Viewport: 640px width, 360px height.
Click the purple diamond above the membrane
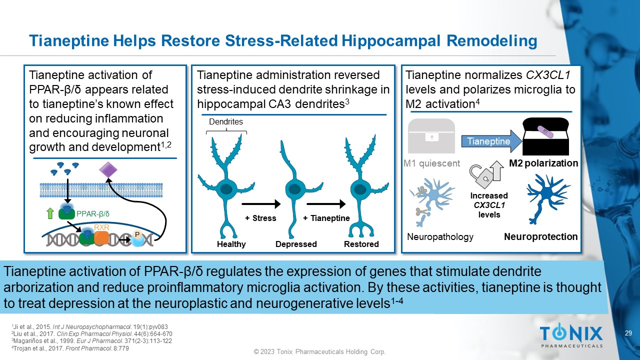(108, 170)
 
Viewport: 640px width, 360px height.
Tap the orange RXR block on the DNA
(101, 238)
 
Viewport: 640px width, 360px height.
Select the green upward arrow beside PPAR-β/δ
(50, 213)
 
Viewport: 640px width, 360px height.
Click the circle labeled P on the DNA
(137, 238)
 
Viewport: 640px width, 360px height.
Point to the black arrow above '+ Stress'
(261, 204)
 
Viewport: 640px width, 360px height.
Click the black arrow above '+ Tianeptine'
(326, 204)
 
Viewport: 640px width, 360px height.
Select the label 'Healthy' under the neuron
(231, 244)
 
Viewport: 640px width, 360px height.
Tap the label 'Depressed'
(296, 244)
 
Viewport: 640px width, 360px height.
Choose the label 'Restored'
(361, 244)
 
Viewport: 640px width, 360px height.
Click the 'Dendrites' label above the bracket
(225, 121)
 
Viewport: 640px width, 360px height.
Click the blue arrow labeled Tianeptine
(491, 141)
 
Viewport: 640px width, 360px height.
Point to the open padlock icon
(481, 175)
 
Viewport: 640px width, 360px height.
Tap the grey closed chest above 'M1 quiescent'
(431, 136)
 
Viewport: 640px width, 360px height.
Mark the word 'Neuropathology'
(440, 236)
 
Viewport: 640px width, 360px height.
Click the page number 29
(628, 333)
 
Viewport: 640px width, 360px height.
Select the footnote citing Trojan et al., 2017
(70, 348)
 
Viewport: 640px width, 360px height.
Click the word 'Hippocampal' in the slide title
(391, 40)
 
